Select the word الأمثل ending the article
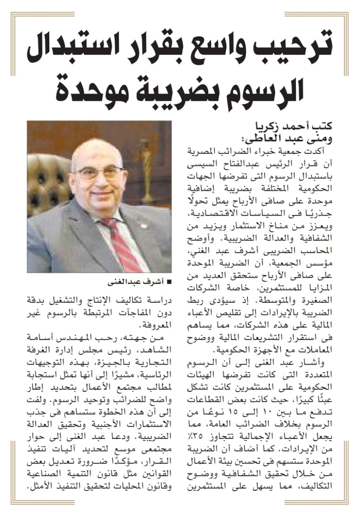coord(40,488)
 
